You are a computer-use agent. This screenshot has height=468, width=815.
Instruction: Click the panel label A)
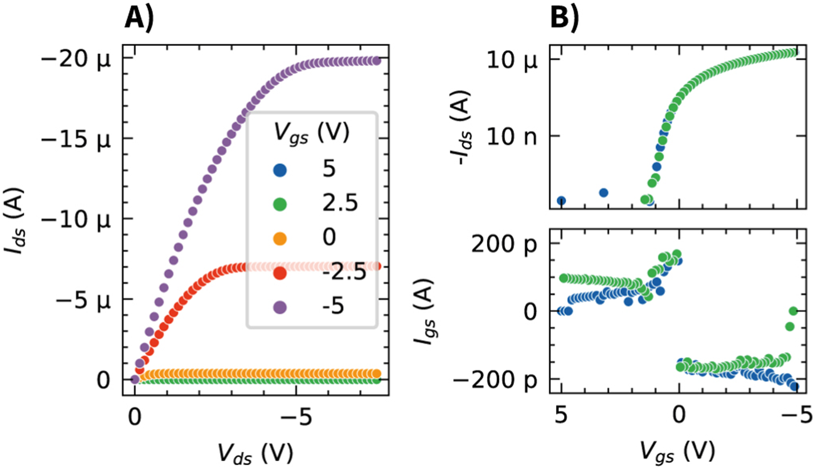point(139,18)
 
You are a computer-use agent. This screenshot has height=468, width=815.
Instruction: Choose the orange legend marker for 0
point(279,238)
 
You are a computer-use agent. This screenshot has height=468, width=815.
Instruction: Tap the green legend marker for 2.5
point(279,203)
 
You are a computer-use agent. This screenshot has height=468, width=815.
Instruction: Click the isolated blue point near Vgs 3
point(603,192)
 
